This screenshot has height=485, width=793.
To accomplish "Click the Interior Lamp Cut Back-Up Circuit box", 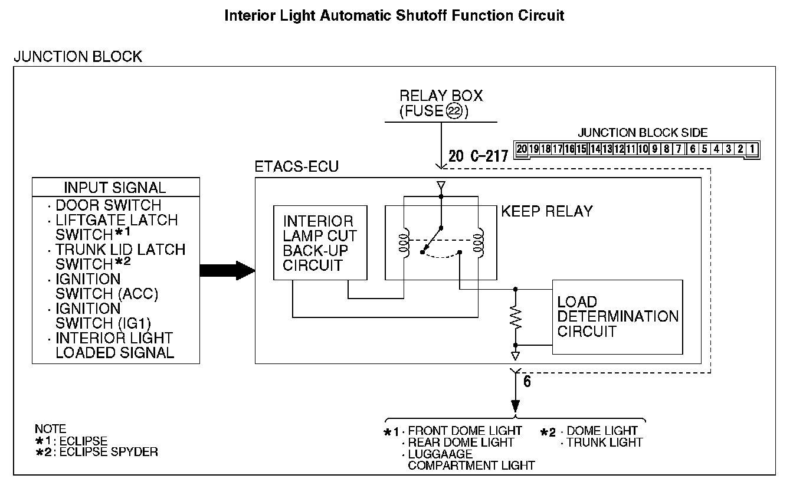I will click(x=320, y=242).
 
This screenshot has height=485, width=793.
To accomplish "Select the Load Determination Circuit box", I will click(x=617, y=317).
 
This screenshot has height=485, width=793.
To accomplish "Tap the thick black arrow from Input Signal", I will click(x=227, y=271).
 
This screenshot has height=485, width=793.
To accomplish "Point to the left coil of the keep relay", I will click(x=404, y=242).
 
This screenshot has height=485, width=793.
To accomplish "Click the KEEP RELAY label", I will click(x=546, y=211).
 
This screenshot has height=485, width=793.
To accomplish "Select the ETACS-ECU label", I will click(x=296, y=167).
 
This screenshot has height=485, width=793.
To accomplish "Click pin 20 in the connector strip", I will click(x=522, y=149).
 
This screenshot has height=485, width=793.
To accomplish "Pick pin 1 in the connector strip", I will click(x=751, y=149).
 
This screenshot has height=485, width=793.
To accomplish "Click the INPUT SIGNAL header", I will click(x=115, y=188).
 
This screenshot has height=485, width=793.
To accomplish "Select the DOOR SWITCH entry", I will click(x=108, y=205).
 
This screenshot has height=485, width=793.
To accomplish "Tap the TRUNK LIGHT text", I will click(x=604, y=442).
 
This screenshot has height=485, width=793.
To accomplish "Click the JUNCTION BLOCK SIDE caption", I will click(x=642, y=133).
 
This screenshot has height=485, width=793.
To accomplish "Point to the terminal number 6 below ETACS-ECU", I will click(x=527, y=381).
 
